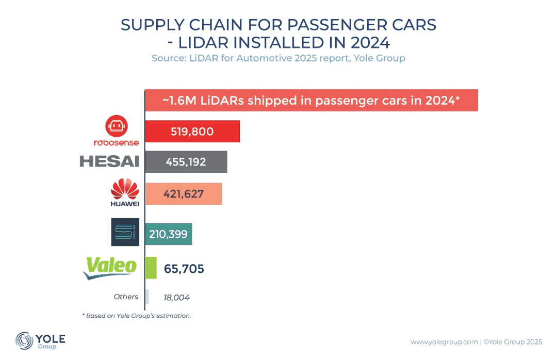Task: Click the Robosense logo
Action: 116,132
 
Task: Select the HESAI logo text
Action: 109,161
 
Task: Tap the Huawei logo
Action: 125,192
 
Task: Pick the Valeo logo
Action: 111,268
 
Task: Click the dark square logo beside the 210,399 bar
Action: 125,232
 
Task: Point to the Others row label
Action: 126,297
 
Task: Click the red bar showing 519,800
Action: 192,132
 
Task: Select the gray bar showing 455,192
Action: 186,162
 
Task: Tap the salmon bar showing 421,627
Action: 184,194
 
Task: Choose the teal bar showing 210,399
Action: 169,234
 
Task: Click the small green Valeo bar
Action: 151,268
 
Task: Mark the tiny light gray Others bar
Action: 148,297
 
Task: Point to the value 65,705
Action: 184,269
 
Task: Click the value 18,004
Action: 176,297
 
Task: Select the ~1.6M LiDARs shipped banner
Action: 311,101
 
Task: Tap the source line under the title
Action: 278,58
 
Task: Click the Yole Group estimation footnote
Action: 137,315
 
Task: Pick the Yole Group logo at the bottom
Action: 40,340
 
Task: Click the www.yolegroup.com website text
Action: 444,341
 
